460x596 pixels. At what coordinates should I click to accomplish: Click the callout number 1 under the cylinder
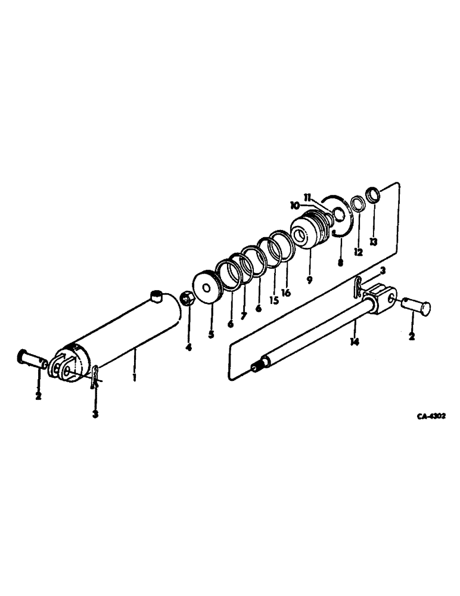pyautogui.click(x=135, y=377)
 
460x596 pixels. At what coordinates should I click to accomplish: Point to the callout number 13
pyautogui.click(x=373, y=243)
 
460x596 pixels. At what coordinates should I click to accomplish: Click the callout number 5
pyautogui.click(x=211, y=334)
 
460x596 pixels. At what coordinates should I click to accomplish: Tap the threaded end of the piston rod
pyautogui.click(x=257, y=366)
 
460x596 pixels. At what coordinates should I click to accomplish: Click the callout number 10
pyautogui.click(x=295, y=204)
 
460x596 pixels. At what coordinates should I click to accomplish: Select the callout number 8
pyautogui.click(x=340, y=262)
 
